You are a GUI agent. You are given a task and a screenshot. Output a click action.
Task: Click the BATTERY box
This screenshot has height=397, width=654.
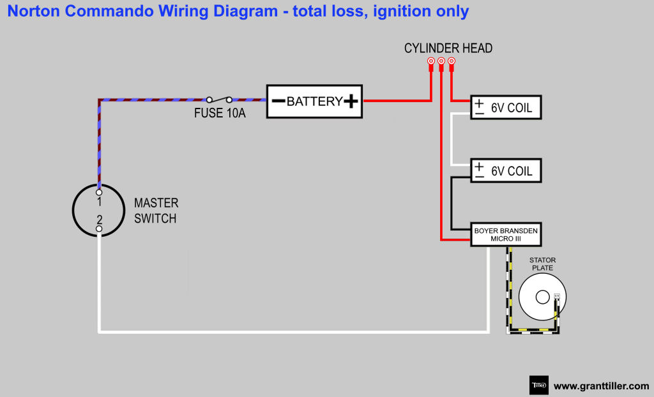point(314,101)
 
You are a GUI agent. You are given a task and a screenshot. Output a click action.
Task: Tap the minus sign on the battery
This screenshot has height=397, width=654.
point(278,101)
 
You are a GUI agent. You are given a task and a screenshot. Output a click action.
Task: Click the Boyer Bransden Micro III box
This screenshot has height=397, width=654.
point(506,234)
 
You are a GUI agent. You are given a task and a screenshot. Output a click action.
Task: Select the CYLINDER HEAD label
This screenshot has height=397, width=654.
point(448,49)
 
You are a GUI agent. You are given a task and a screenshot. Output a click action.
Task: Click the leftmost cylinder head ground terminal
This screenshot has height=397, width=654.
point(431,61)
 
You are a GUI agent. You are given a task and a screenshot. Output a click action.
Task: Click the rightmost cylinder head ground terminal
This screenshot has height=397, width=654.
point(452,61)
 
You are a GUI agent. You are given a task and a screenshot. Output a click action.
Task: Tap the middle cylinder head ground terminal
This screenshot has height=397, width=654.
point(441,61)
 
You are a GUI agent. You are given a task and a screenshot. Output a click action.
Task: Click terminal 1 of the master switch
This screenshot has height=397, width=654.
point(99,192)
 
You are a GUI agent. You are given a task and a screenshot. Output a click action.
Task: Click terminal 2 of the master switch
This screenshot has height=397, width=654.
point(99,228)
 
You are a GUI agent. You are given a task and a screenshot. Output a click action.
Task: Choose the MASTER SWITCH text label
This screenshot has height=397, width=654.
point(156,211)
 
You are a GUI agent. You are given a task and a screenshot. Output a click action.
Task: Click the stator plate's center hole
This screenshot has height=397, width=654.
point(542,297)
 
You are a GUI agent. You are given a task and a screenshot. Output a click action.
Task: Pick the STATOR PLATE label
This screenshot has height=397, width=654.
point(543,264)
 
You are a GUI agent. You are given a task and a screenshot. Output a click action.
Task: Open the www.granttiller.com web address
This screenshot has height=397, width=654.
point(601,386)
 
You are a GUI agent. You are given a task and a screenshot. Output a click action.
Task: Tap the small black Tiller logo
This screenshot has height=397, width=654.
point(539,386)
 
